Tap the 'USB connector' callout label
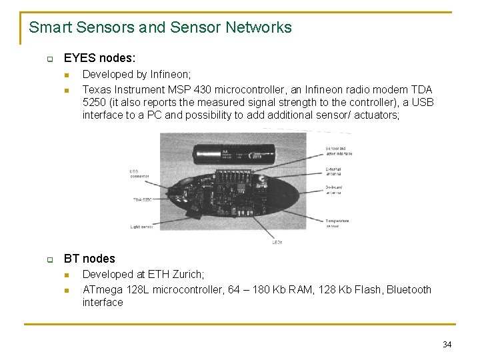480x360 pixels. tap(139, 174)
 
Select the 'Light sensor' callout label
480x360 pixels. tap(142, 227)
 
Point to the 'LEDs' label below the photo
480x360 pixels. tap(277, 242)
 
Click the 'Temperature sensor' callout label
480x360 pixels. tap(337, 223)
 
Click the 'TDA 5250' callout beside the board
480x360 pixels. tap(141, 199)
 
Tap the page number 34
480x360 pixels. tap(447, 345)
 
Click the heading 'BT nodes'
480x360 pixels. tap(89, 259)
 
